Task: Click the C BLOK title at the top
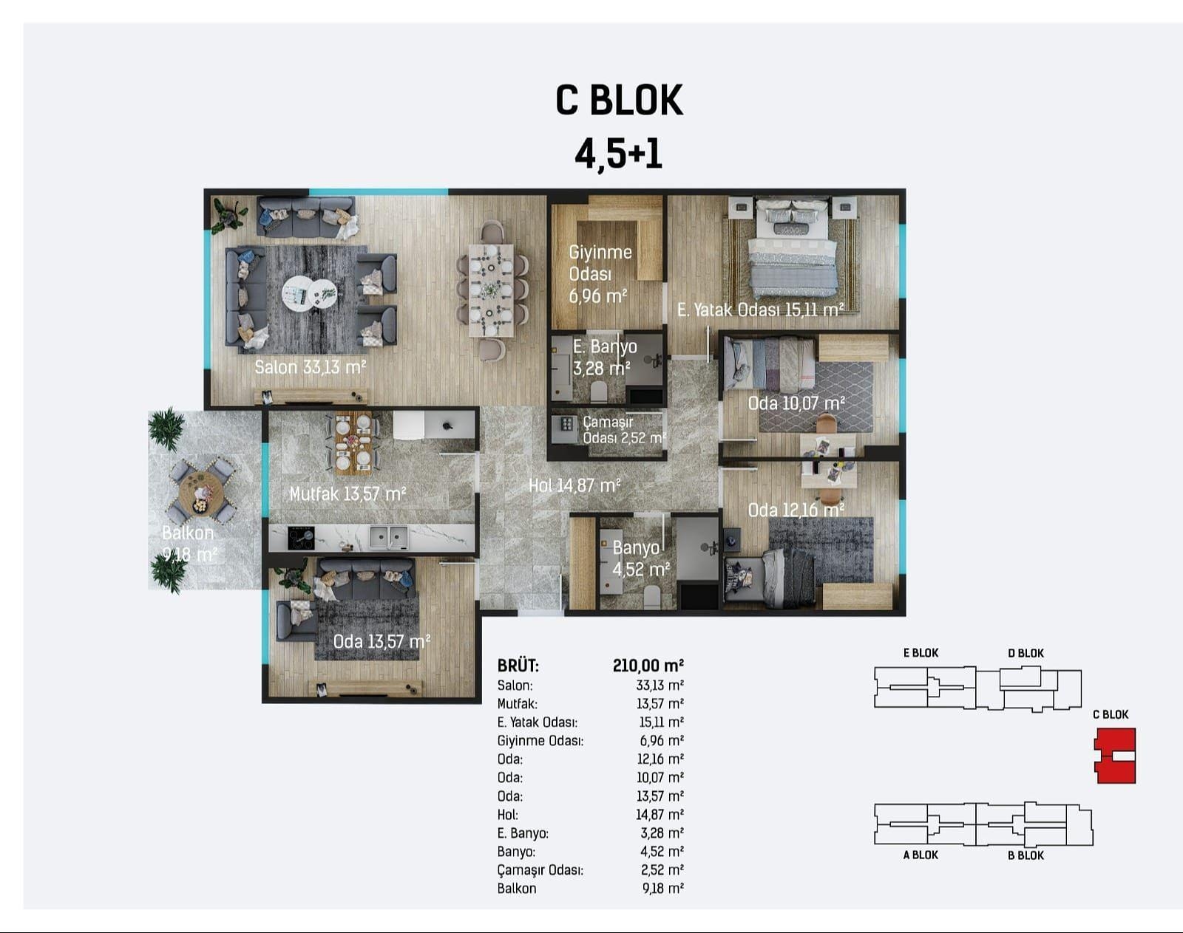point(619,100)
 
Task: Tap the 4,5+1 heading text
point(618,153)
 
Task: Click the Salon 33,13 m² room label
point(311,367)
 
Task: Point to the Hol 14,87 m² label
point(574,485)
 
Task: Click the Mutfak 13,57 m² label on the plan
point(348,493)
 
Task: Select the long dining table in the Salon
point(491,290)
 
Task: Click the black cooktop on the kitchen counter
point(301,539)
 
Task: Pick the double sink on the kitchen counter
point(389,538)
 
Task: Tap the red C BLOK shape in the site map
point(1115,756)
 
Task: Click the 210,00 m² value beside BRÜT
point(648,666)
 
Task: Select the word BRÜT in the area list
point(518,666)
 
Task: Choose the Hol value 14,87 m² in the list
point(660,814)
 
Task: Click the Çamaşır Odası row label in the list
point(540,870)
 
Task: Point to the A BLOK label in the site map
point(921,855)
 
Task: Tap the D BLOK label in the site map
point(1026,653)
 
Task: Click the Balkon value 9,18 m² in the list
point(663,888)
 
